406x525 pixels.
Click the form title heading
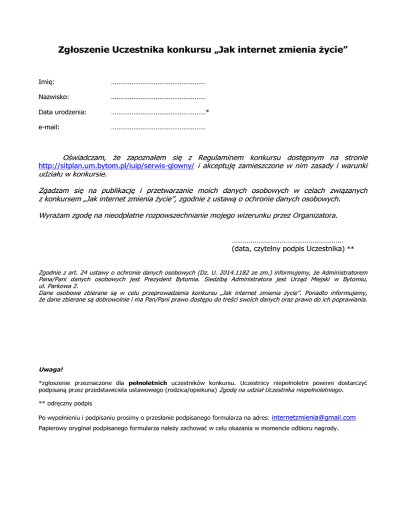[x=202, y=51]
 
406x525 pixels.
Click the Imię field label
[x=47, y=82]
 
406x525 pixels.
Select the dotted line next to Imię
[x=158, y=82]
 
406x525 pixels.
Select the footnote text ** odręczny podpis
[x=66, y=404]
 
